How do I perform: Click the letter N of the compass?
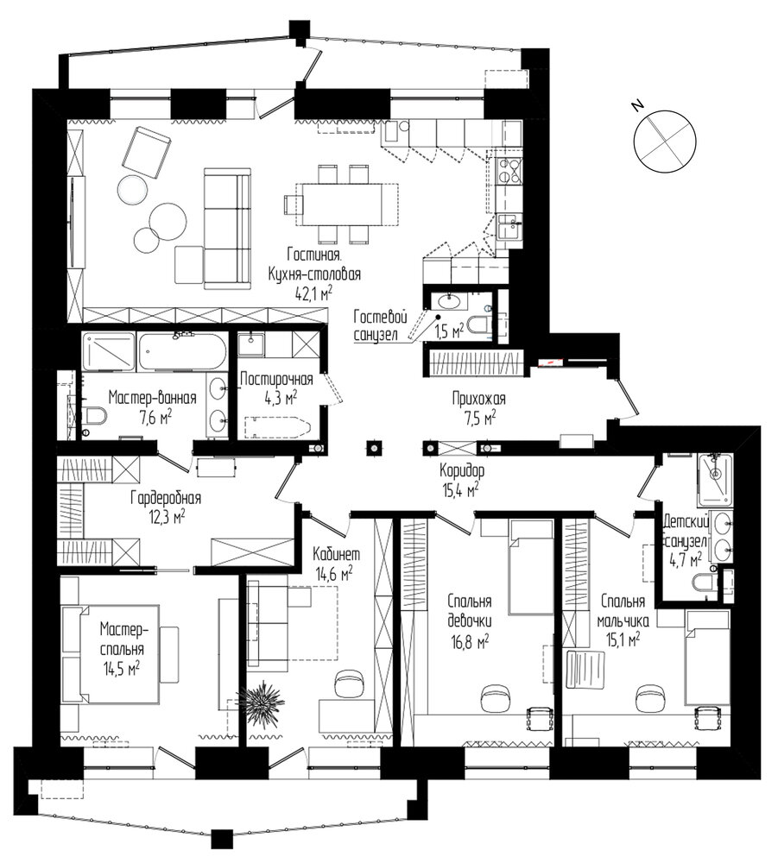(x=638, y=105)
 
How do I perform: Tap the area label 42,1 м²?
(x=313, y=294)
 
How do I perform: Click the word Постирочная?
(x=277, y=379)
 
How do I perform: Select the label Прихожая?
(x=478, y=399)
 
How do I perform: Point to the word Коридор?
(x=462, y=471)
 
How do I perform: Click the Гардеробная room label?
(x=166, y=498)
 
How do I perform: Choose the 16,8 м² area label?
(x=469, y=643)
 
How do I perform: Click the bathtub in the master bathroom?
(x=182, y=351)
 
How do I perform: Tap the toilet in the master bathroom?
(x=92, y=416)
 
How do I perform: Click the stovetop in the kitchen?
(x=509, y=170)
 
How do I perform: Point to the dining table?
(x=339, y=205)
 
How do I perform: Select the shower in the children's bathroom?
(x=715, y=480)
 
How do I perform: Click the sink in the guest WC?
(x=449, y=301)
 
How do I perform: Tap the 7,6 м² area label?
(x=155, y=419)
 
